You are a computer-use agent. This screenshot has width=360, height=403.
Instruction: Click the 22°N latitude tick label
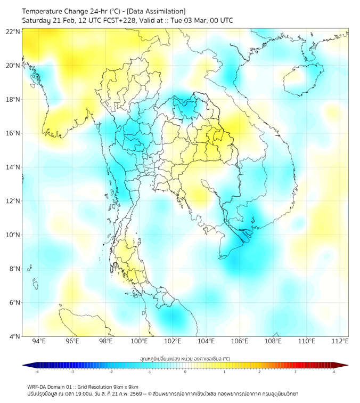coord(13,31)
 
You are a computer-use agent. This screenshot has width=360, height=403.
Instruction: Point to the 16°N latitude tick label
coord(13,133)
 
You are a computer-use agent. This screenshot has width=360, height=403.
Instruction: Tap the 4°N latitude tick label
coord(14,336)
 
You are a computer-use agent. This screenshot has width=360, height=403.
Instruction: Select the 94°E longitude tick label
coord(39,341)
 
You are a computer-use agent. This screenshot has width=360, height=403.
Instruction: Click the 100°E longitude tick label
coord(140,341)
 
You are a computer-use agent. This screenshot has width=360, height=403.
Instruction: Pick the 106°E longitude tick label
coord(240,341)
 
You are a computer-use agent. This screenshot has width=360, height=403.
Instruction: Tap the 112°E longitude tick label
coord(341,341)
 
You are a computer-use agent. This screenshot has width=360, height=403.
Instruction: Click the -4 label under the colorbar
coord(36,372)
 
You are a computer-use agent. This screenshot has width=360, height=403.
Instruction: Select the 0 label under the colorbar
coord(185,372)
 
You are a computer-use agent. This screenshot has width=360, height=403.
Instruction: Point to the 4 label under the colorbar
coord(334,372)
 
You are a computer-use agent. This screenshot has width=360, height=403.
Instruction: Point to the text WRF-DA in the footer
coord(38,387)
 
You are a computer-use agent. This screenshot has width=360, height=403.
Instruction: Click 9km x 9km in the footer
coord(126,387)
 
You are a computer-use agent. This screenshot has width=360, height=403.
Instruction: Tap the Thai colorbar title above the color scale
coord(185,358)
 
